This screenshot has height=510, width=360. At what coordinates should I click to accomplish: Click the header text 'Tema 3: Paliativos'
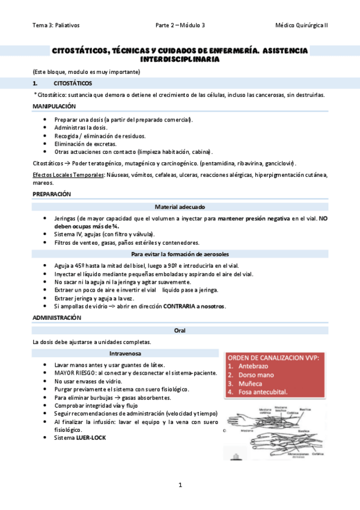(56, 25)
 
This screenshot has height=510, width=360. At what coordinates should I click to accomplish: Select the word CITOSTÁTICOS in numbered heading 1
(73, 83)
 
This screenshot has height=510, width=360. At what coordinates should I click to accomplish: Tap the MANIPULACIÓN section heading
(54, 106)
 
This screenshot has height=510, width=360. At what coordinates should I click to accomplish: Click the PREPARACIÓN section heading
(52, 194)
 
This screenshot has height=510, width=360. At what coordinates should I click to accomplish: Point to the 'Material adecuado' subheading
(180, 206)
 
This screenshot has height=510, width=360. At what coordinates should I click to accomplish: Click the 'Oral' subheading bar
(180, 330)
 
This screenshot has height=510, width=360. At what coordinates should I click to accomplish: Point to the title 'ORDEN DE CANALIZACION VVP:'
(273, 357)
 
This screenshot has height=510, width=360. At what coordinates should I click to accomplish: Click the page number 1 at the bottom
(180, 485)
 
